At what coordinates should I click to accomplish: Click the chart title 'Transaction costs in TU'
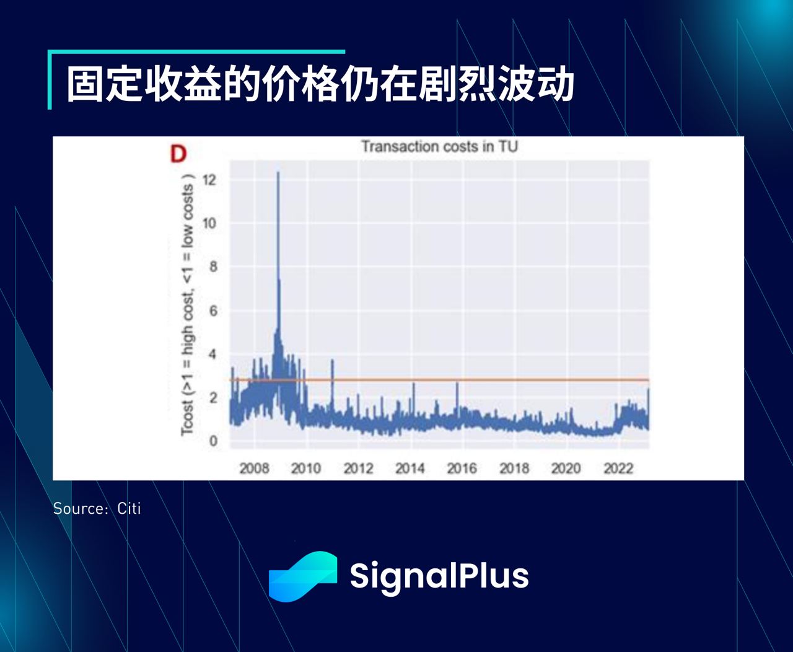click(x=439, y=147)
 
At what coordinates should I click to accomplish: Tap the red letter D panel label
click(x=178, y=154)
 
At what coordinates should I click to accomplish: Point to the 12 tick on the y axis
click(x=209, y=180)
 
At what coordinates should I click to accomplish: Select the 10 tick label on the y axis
click(x=209, y=224)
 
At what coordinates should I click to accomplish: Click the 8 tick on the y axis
click(x=213, y=267)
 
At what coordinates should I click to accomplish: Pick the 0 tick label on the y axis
click(x=213, y=441)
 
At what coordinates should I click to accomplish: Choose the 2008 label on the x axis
click(x=254, y=469)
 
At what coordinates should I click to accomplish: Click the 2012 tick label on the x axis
click(x=358, y=469)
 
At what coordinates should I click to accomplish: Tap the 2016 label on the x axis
click(x=462, y=469)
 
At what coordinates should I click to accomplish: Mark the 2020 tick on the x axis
click(x=566, y=469)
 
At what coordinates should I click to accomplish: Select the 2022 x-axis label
click(x=618, y=469)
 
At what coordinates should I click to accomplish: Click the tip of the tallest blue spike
click(x=278, y=173)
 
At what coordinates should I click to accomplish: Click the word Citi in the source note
click(x=129, y=509)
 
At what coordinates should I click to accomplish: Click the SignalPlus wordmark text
click(x=439, y=576)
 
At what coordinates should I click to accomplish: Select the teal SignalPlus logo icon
click(x=303, y=576)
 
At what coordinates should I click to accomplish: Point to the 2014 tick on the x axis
click(x=410, y=469)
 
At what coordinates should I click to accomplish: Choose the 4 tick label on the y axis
click(x=213, y=355)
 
